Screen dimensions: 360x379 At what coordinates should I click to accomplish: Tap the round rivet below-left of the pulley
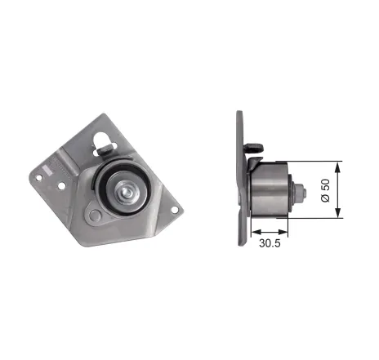coord(95,216)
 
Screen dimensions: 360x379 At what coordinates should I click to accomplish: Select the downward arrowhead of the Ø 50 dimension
coord(337,222)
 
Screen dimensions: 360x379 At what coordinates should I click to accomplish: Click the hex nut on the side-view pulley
coord(302,194)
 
